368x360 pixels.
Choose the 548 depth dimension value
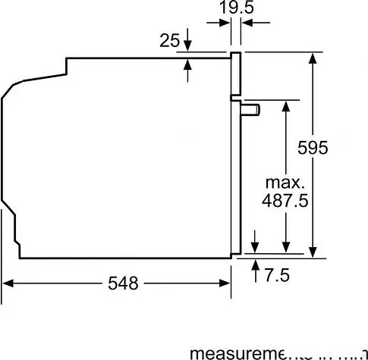[123, 283]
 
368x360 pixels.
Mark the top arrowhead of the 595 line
[312, 58]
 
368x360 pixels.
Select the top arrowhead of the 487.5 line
[285, 105]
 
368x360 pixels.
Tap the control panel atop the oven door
[237, 75]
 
